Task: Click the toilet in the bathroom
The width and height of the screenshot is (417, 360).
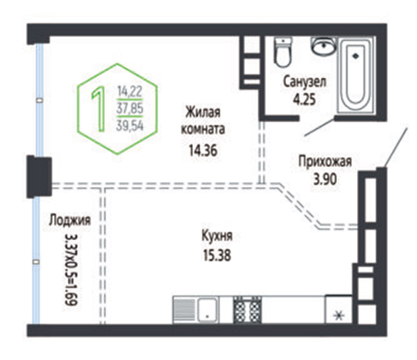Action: click(283, 52)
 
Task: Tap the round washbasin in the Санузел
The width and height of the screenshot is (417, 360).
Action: click(324, 46)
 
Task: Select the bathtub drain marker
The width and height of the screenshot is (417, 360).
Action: click(355, 56)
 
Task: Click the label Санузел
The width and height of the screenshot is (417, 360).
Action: click(304, 82)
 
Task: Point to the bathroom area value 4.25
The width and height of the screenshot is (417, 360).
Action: click(304, 100)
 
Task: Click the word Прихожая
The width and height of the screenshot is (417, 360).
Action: click(325, 161)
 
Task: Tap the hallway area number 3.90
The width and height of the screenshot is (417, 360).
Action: click(325, 179)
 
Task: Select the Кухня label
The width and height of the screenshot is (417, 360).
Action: click(217, 236)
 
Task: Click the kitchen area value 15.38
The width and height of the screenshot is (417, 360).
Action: click(217, 255)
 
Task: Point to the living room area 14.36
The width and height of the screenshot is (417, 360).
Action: click(203, 151)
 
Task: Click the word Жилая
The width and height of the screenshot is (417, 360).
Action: click(203, 112)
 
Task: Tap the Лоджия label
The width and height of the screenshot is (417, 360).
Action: click(70, 220)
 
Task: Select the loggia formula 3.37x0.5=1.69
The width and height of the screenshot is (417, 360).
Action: click(71, 270)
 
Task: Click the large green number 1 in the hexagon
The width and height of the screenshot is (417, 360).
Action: click(98, 109)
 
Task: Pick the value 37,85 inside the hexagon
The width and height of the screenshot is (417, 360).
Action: click(130, 108)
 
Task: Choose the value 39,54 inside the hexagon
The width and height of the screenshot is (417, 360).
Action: click(130, 125)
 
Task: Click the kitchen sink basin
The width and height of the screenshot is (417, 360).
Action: click(208, 310)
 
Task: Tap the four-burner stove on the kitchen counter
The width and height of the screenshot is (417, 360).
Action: click(248, 310)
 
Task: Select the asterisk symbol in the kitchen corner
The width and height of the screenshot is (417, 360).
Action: click(339, 316)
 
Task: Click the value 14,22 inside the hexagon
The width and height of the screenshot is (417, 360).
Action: click(130, 91)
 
